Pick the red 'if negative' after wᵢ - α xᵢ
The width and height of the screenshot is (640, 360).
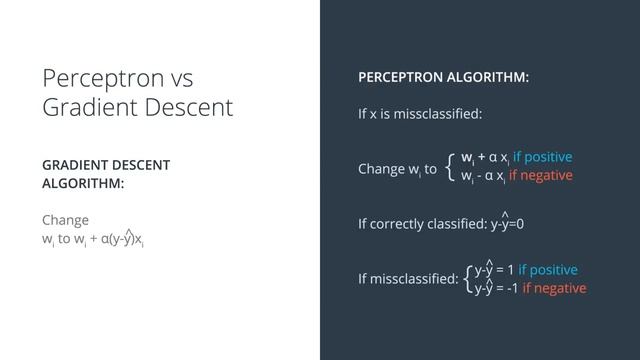(540, 176)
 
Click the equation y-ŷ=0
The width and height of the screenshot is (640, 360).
(507, 223)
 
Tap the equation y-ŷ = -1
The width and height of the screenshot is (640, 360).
(496, 288)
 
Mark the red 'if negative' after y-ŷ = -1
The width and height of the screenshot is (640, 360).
(554, 288)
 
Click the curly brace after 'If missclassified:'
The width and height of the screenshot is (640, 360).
(468, 278)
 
